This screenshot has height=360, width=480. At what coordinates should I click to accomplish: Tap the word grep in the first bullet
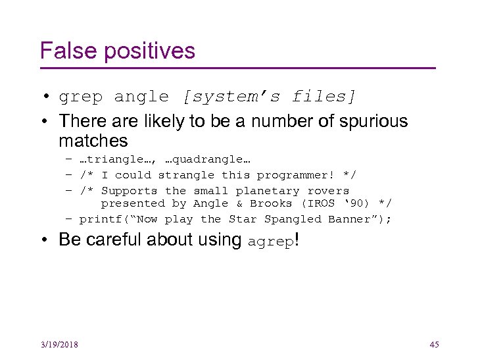[81, 97]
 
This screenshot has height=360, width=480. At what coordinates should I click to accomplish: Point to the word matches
[93, 140]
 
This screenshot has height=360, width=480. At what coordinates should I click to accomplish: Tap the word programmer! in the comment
[295, 175]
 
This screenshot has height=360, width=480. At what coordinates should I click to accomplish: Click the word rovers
[328, 191]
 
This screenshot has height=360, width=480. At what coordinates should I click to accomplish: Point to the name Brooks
[271, 203]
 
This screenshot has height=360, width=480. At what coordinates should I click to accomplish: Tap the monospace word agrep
[271, 241]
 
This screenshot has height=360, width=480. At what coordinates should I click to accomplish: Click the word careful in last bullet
[117, 240]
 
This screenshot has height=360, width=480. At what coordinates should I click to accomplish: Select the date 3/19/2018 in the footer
[59, 344]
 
